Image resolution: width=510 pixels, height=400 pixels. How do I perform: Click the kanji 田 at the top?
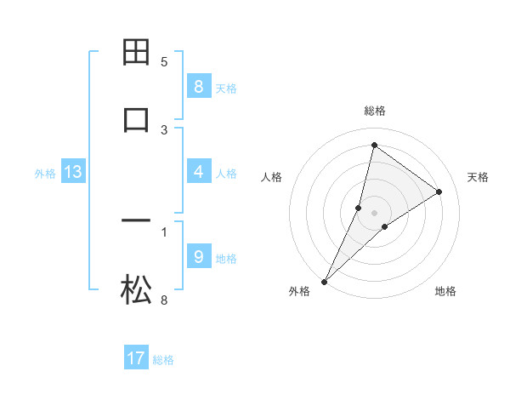coord(137,52)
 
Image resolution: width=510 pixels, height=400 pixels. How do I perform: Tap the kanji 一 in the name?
coord(137,222)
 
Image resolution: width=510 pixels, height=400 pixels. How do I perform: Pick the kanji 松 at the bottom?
coord(137,290)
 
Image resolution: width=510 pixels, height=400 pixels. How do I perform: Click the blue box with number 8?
coord(198,87)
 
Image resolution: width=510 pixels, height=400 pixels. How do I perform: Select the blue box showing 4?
coord(198,172)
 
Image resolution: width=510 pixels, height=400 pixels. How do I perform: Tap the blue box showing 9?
coord(198,257)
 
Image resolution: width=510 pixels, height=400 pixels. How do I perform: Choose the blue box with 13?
coord(73,173)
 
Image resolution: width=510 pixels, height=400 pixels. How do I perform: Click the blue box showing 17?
coord(136,358)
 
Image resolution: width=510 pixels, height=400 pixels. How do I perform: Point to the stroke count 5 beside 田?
coord(164,62)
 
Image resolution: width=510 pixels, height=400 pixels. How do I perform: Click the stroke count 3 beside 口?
coord(164,130)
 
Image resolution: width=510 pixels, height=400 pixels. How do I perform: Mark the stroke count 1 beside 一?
coord(164,231)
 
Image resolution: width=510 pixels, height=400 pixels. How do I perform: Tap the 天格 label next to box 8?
coord(226,89)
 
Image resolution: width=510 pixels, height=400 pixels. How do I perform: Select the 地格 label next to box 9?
coord(226,259)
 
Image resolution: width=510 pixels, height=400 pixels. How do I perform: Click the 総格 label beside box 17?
coord(163,360)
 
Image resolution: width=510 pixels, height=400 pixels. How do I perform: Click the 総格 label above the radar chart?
coord(374,111)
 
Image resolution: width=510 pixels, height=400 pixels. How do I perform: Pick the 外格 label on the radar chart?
coord(299,292)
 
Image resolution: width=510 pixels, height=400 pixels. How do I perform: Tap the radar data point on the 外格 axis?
coord(325,281)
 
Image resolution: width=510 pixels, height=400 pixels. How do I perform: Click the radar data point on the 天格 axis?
coord(439,192)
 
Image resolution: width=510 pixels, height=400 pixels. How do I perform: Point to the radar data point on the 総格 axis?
coord(374,146)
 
